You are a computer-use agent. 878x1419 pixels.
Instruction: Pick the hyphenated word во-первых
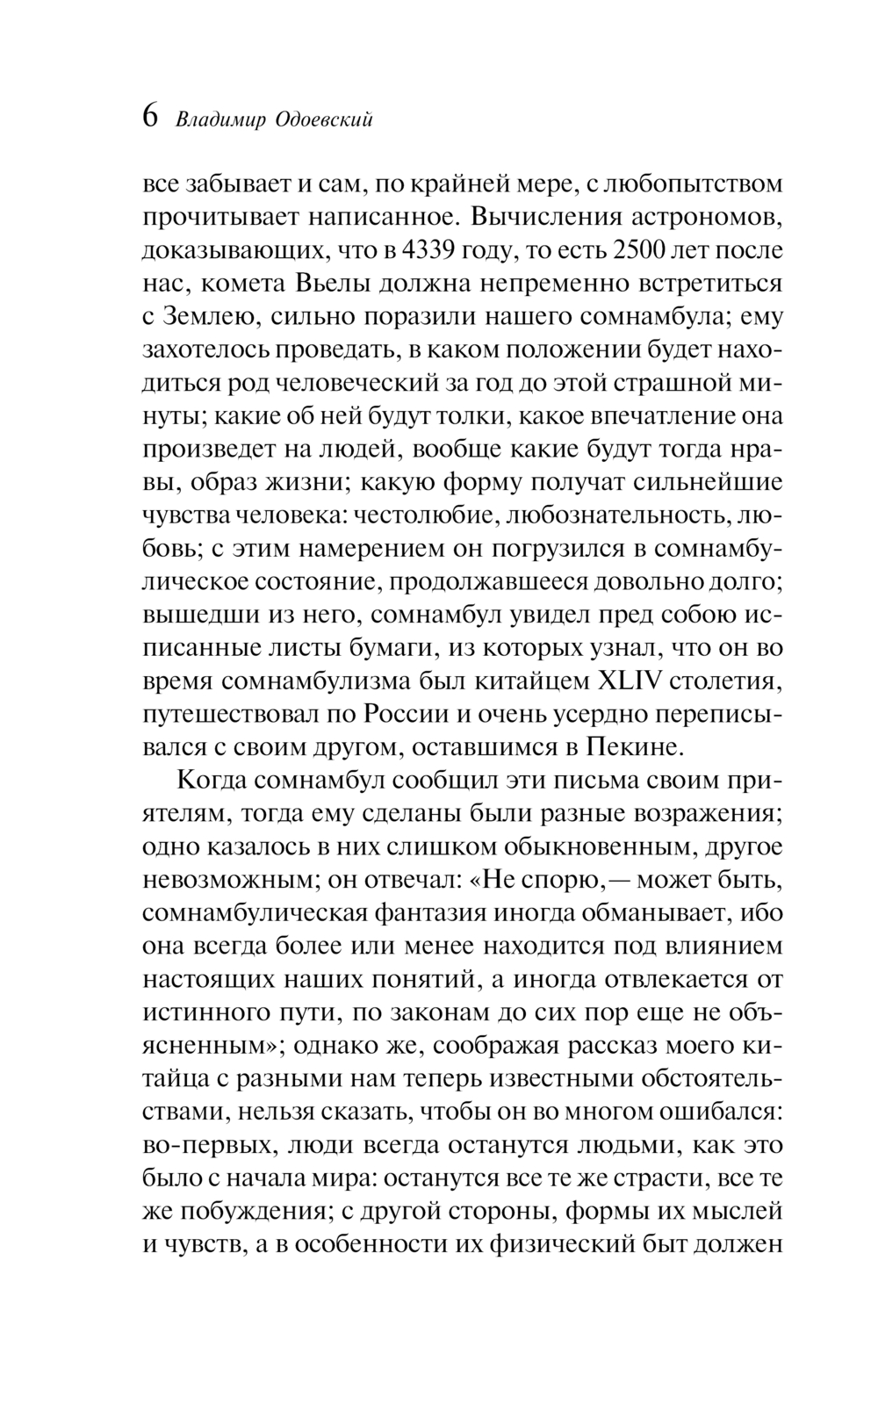pyautogui.click(x=201, y=1145)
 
